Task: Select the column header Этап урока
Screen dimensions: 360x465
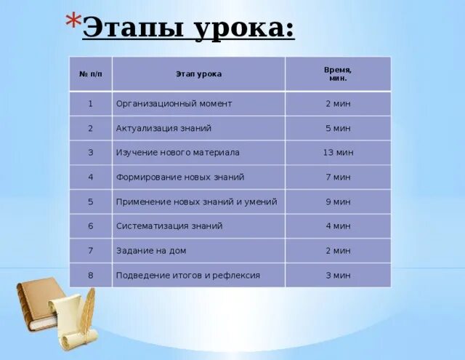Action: click(x=198, y=74)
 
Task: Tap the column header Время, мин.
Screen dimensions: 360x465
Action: click(x=337, y=73)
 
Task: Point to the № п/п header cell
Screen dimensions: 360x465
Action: click(x=91, y=74)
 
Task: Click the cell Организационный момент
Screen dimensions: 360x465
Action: click(x=174, y=104)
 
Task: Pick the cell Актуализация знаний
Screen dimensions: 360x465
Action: click(x=163, y=129)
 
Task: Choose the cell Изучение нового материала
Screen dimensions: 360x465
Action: click(x=177, y=153)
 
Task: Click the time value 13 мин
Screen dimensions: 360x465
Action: click(x=338, y=153)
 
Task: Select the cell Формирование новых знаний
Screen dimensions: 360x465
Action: click(x=180, y=177)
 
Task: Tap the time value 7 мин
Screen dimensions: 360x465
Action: click(x=338, y=177)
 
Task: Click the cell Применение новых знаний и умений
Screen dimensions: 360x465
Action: click(x=196, y=201)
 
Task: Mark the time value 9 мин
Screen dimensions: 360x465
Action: click(x=338, y=201)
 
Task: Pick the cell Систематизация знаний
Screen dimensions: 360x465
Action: click(x=169, y=226)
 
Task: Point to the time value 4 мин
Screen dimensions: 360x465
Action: click(x=338, y=226)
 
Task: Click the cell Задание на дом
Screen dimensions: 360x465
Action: click(x=151, y=251)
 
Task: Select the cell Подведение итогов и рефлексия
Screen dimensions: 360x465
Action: click(x=187, y=276)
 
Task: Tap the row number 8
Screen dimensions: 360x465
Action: click(x=91, y=276)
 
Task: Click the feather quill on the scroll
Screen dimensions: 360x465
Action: click(x=88, y=309)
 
